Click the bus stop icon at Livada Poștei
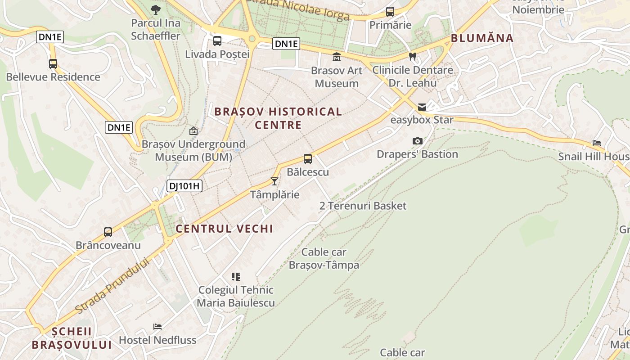coord(217,41)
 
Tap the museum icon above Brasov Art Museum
coord(336,57)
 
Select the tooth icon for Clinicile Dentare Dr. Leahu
coord(412,57)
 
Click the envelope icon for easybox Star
coord(422,107)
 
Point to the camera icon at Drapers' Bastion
coord(418,141)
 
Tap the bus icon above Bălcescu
coord(308,158)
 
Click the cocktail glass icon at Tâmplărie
coord(274,181)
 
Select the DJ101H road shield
coord(184,186)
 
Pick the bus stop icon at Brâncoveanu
coord(108,232)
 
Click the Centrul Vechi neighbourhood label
coord(225,229)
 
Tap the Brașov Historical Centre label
coord(278,118)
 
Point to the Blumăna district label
coord(482,38)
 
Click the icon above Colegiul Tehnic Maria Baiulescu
coord(236,276)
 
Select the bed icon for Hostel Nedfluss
coord(157,326)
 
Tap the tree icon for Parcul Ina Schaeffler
coord(156,9)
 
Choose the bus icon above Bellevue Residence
coord(53,63)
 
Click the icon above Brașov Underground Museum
coord(193,131)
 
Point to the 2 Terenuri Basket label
coord(363,206)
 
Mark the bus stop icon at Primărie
coord(390,12)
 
